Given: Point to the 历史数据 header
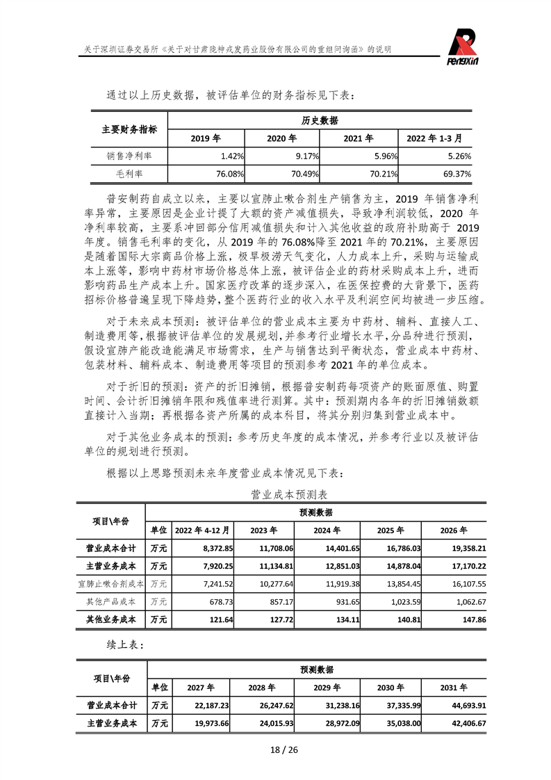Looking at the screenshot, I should pos(320,120).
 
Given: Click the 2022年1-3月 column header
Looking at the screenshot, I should pos(438,138).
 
